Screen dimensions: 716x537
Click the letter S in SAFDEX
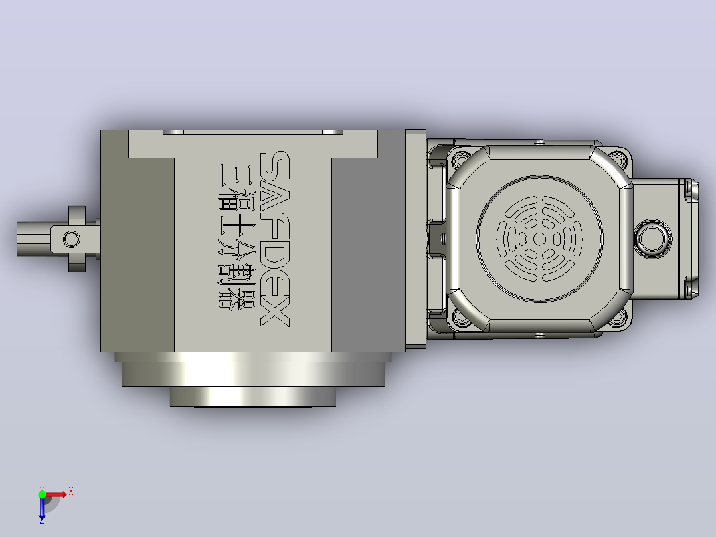[274, 165]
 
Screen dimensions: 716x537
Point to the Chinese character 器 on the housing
[229, 298]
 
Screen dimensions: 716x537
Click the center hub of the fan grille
[540, 239]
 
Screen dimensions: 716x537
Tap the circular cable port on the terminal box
[652, 239]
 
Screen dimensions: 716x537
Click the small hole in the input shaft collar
[71, 239]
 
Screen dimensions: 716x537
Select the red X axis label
[71, 492]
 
